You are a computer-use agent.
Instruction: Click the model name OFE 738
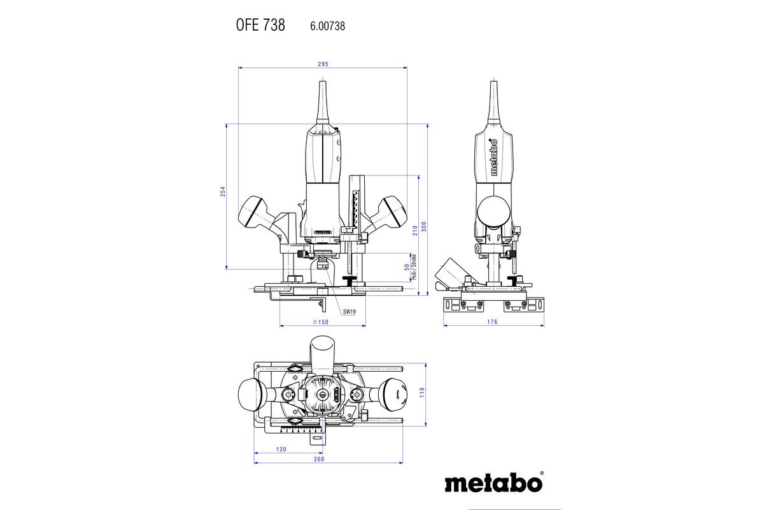click(x=260, y=25)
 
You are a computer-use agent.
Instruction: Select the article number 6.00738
click(x=327, y=26)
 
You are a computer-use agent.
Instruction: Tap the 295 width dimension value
click(x=323, y=64)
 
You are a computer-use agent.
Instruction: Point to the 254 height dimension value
click(x=223, y=191)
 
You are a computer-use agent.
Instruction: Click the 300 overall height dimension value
click(x=424, y=226)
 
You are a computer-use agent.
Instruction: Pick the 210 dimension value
click(x=415, y=231)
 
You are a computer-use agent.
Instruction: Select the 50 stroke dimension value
click(x=407, y=267)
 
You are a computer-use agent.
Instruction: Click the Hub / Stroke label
click(x=414, y=266)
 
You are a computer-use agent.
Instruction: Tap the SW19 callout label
click(x=350, y=312)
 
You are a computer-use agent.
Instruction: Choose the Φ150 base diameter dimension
click(x=321, y=322)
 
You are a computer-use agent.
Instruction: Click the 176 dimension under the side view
click(x=492, y=322)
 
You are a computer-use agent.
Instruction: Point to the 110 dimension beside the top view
click(x=422, y=392)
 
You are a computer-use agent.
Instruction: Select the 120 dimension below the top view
click(x=281, y=449)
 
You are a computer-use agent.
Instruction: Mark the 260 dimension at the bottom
click(x=319, y=459)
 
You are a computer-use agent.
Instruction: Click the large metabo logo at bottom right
click(x=494, y=482)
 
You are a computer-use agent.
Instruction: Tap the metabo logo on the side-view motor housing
click(x=493, y=157)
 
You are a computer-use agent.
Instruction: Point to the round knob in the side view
click(x=493, y=212)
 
